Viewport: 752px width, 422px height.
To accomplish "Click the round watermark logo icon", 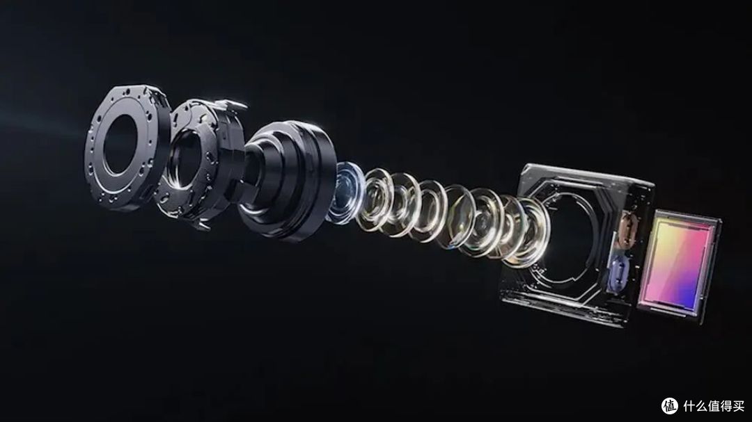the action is (670, 406).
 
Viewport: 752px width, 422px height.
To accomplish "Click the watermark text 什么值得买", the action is (714, 406).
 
